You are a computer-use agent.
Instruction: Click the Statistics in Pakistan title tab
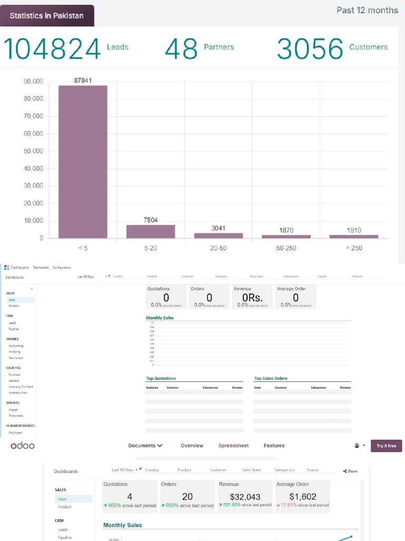[46, 15]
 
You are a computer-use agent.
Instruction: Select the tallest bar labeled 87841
[83, 161]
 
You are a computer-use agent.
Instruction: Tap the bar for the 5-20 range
[150, 231]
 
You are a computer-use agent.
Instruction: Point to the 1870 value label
[286, 230]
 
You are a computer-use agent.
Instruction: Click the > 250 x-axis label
[353, 248]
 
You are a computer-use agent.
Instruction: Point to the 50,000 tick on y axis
[34, 151]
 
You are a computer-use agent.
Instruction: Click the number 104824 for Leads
[52, 49]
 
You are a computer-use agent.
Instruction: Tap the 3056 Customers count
[310, 49]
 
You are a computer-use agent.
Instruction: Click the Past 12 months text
[367, 10]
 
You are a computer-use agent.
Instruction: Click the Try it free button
[386, 446]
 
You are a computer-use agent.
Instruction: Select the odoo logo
[23, 446]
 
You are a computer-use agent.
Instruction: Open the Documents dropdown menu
[145, 446]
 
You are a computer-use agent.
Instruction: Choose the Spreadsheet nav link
[234, 446]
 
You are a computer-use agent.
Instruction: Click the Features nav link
[274, 446]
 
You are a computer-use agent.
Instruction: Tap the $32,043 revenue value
[245, 497]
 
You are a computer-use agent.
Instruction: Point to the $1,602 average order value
[302, 497]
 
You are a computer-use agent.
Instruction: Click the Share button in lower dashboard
[350, 471]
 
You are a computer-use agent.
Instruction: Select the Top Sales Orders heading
[271, 378]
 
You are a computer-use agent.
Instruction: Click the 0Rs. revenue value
[252, 298]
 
